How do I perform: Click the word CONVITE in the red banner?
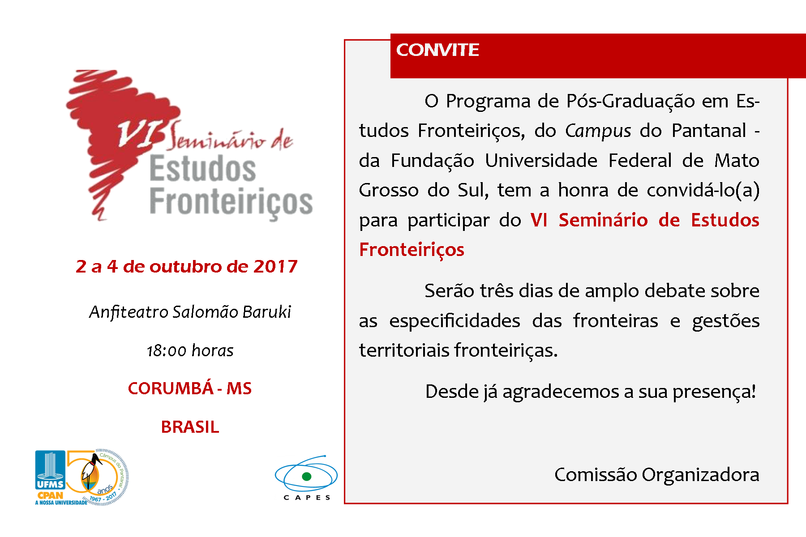(x=437, y=50)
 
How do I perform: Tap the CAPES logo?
(x=306, y=477)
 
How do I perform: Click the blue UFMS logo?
(x=50, y=470)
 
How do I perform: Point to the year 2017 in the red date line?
(x=275, y=267)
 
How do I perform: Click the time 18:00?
(x=167, y=351)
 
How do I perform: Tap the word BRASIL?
(x=190, y=427)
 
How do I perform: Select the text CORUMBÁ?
(x=171, y=388)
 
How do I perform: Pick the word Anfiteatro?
(x=129, y=312)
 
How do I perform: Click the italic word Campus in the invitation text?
(x=598, y=131)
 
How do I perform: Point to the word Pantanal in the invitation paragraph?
(x=709, y=131)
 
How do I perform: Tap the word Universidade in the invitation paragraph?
(x=541, y=161)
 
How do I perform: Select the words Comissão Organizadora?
(x=657, y=475)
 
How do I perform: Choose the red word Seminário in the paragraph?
(x=603, y=220)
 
